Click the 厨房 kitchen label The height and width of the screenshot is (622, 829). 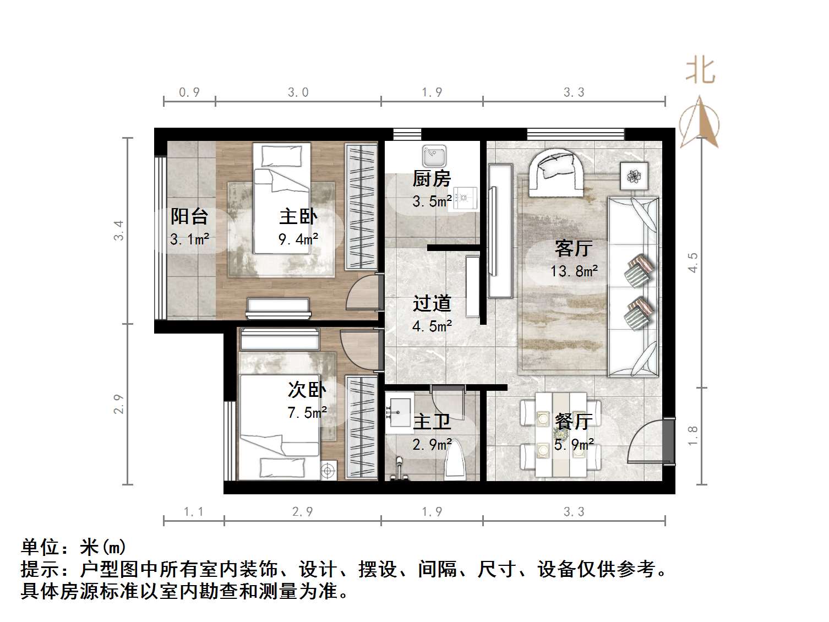[432, 179]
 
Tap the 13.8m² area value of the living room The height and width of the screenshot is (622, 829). [574, 271]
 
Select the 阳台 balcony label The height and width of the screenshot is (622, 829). [189, 216]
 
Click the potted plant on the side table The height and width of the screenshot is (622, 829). [635, 176]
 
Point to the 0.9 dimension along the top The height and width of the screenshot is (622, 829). [189, 92]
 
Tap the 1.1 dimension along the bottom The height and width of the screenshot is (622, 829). [193, 512]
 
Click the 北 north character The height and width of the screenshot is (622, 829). [700, 71]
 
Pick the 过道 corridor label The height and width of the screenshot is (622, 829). [432, 303]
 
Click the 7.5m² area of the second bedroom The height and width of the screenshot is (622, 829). [307, 412]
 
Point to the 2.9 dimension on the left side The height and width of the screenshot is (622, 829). [119, 405]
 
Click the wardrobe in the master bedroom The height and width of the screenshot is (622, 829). [361, 206]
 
